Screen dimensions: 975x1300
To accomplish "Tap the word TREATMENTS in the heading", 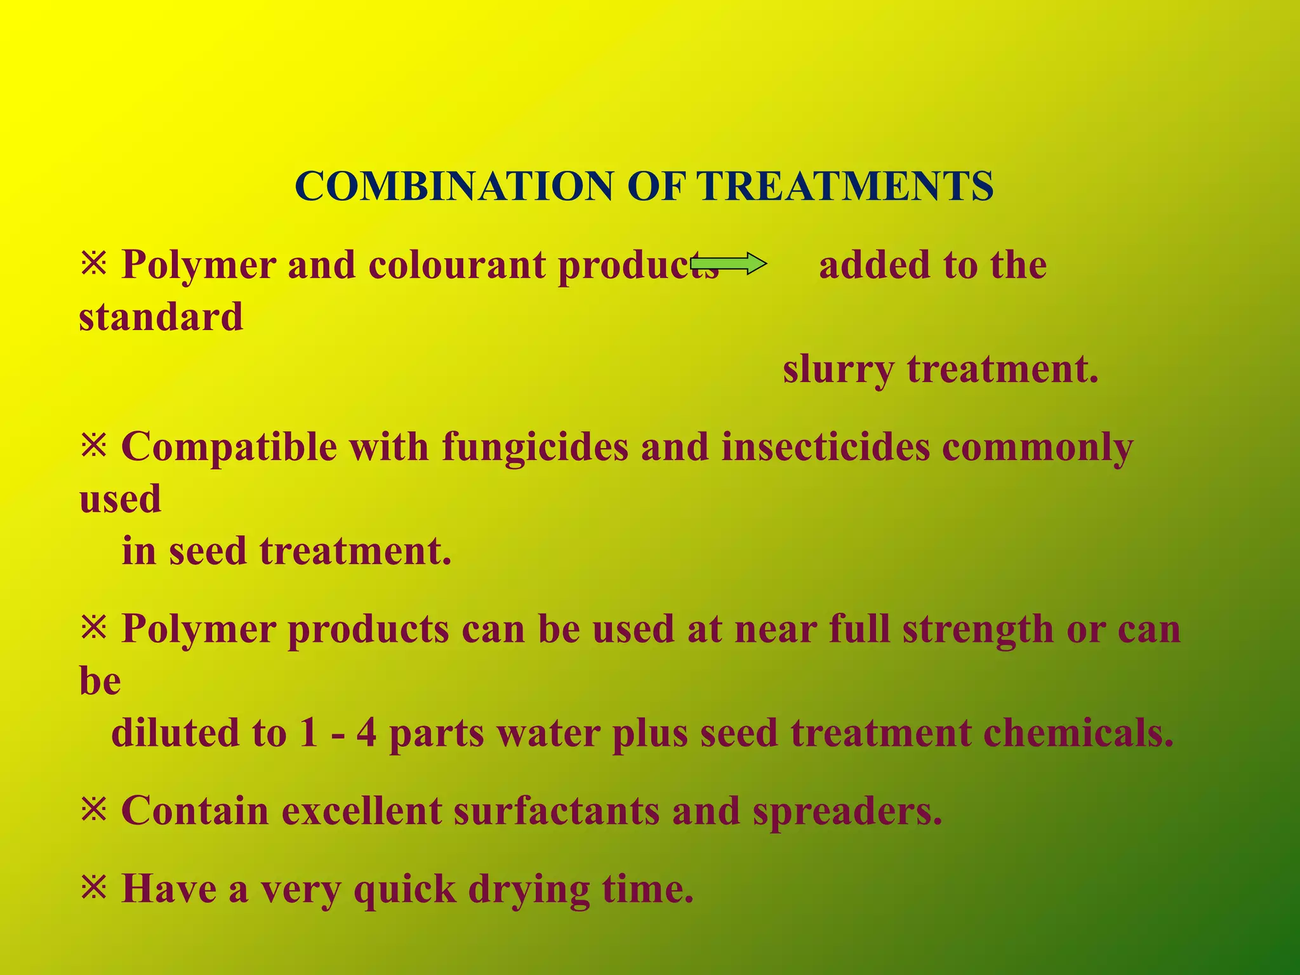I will [x=845, y=187].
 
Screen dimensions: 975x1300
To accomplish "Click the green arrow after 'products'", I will [x=729, y=263].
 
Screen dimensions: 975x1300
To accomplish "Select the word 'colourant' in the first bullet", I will [x=456, y=265].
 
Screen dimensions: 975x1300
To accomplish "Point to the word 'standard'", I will [x=161, y=317].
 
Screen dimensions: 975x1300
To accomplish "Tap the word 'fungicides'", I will [x=535, y=448].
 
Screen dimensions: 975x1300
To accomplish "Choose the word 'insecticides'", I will [x=825, y=448].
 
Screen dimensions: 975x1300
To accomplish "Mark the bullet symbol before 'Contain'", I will [x=94, y=811].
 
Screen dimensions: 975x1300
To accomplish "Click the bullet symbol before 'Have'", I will [x=94, y=888].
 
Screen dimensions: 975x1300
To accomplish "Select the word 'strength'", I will [x=978, y=630].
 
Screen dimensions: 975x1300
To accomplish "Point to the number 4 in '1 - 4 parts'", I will [x=366, y=733].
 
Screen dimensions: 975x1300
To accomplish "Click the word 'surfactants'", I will [x=556, y=811].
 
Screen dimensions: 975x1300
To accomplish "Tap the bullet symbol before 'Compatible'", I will [x=94, y=446].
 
